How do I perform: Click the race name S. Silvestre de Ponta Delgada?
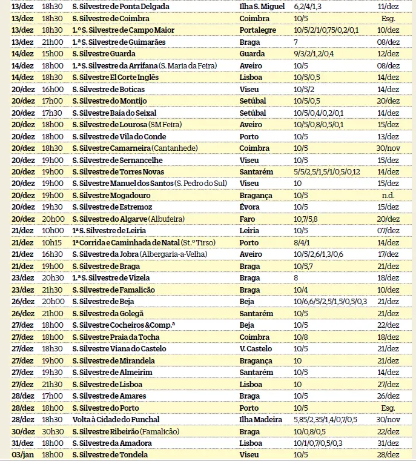tap(121, 6)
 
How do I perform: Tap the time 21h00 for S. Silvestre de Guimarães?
tap(52, 42)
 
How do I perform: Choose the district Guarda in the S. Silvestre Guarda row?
tap(253, 53)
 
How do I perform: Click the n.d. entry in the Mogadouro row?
tap(388, 195)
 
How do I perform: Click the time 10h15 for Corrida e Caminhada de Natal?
tap(52, 242)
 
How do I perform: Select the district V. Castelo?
tap(256, 348)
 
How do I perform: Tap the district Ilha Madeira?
tap(261, 419)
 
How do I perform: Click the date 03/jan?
tap(22, 454)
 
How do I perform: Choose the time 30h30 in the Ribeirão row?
tap(52, 431)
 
